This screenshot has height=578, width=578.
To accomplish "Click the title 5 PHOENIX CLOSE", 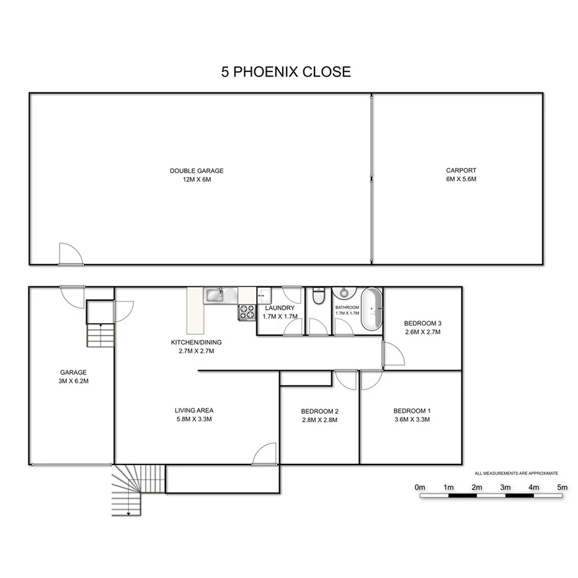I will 286,71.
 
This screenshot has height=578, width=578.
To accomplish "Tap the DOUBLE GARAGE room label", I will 197,171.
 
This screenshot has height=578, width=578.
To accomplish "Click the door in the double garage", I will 69,255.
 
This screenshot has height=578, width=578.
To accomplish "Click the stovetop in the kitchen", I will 246,313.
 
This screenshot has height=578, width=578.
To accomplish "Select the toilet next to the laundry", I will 318,297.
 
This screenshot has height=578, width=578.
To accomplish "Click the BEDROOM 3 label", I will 422,323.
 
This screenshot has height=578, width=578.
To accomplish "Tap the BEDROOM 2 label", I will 319,411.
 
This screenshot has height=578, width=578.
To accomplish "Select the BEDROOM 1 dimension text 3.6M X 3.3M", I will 412,420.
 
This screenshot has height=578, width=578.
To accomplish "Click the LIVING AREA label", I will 194,411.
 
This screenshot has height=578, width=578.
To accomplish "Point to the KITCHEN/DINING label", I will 196,342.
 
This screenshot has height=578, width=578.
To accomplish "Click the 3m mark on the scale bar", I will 505,487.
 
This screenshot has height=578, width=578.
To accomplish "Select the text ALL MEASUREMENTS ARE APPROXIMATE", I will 516,473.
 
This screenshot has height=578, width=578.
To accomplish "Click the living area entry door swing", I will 265,454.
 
